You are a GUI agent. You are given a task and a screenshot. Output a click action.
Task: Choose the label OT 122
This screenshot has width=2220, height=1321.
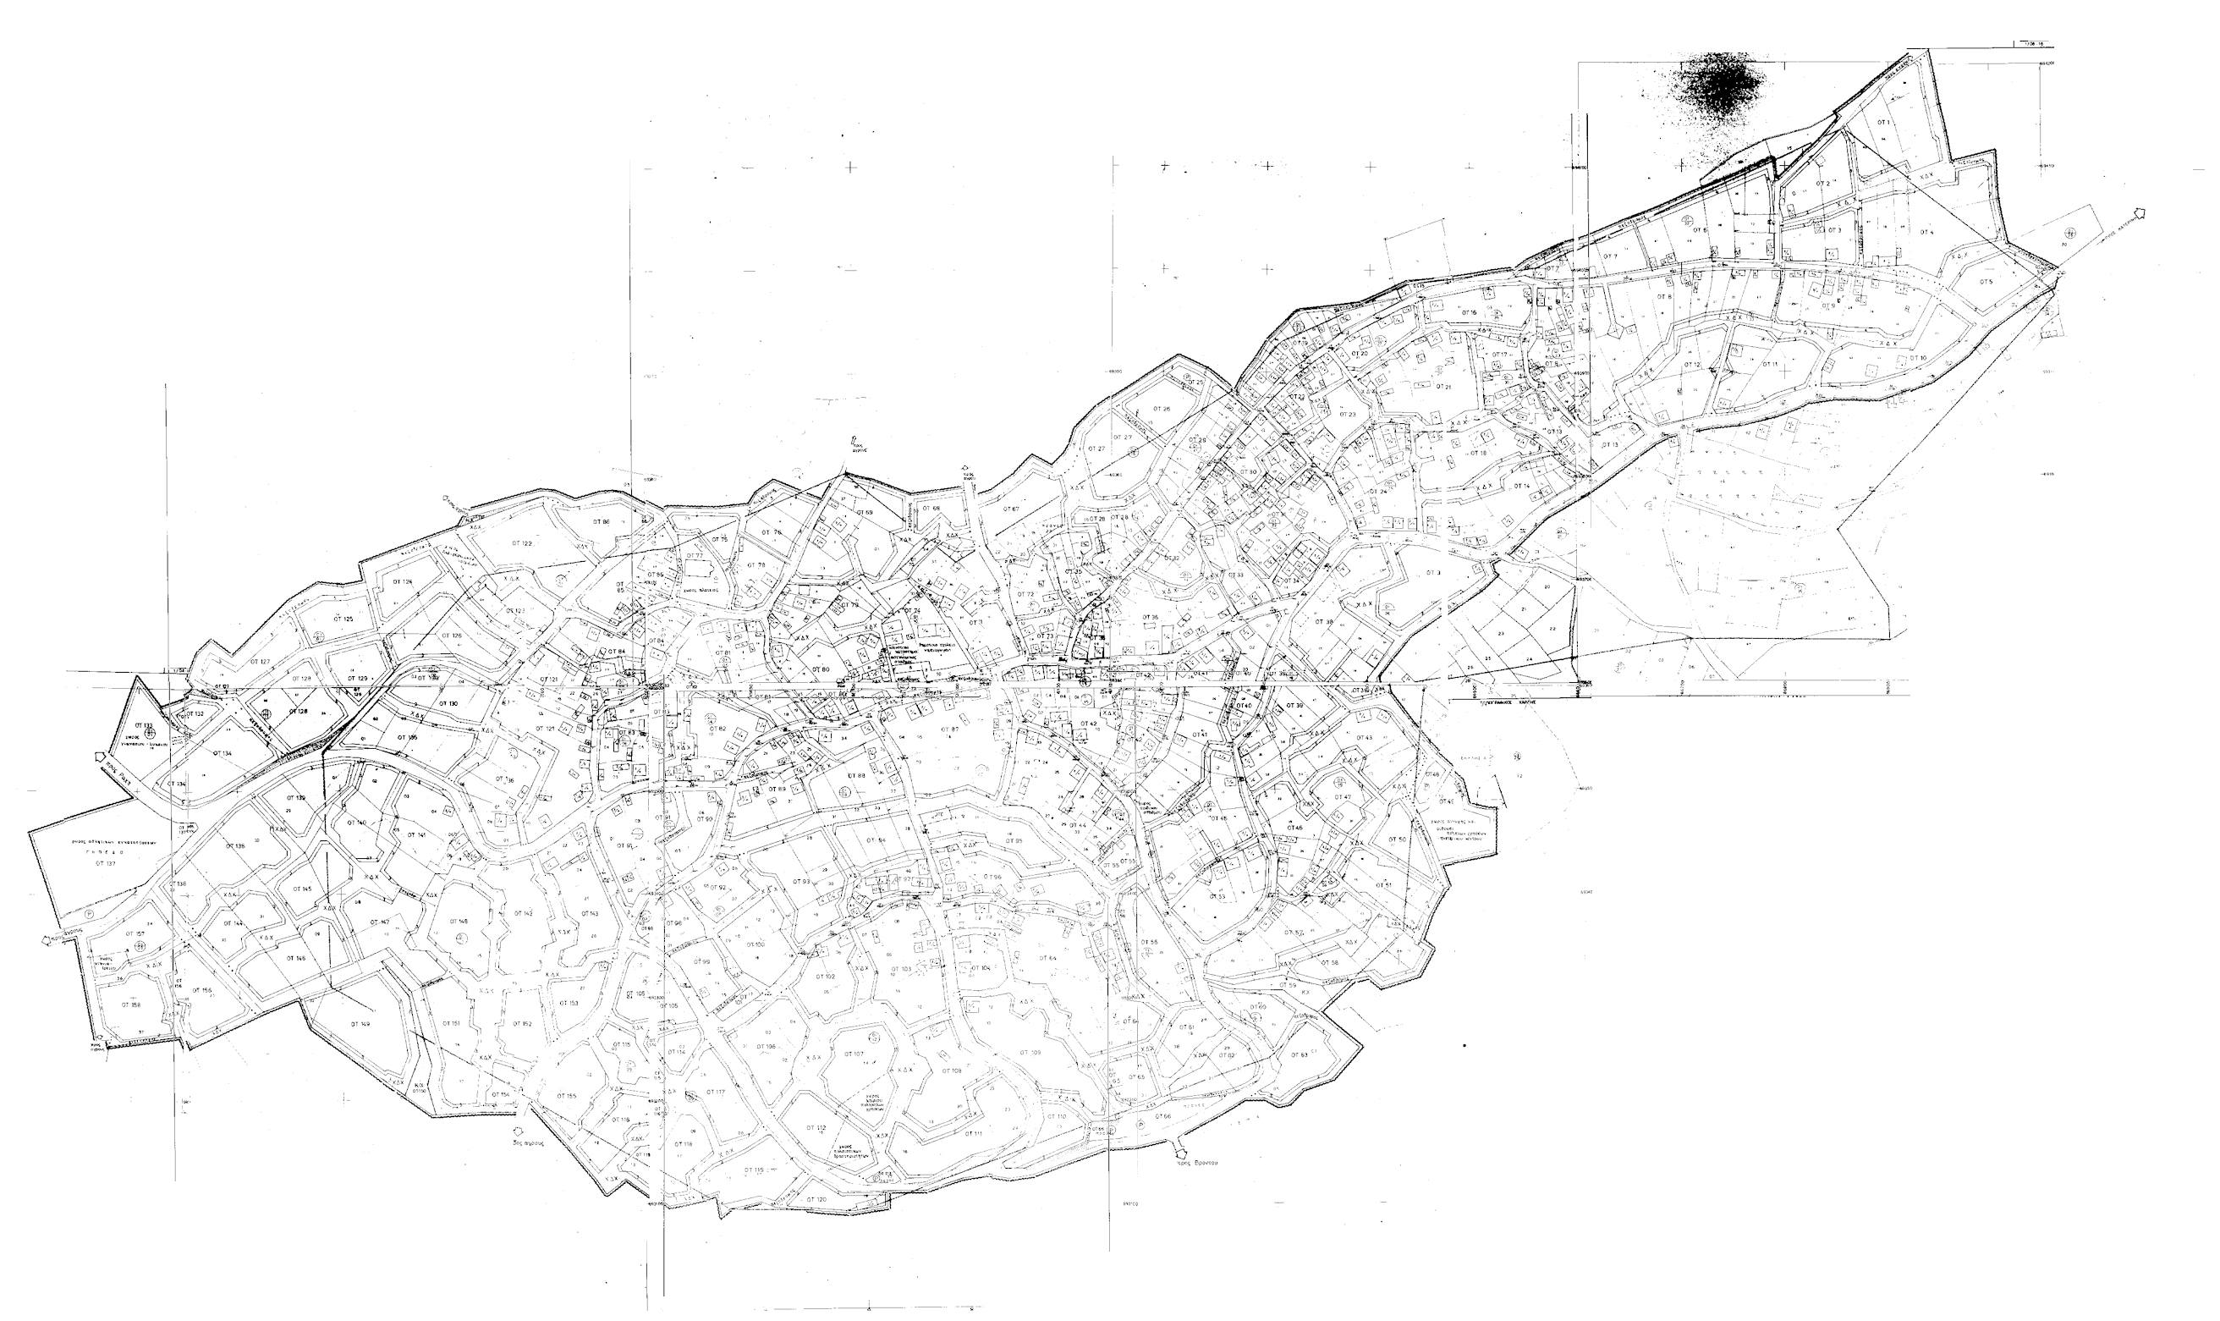pos(521,543)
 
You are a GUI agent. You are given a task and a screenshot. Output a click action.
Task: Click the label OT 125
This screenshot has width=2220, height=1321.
pos(343,619)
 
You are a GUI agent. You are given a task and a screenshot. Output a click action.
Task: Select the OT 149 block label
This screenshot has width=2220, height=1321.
pos(360,1025)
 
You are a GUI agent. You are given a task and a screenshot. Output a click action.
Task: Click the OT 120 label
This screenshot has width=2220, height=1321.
pos(815,1200)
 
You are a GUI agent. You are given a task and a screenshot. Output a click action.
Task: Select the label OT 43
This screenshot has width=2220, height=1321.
pos(1363,738)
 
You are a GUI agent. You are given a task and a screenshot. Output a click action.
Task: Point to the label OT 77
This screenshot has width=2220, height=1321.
pos(693,555)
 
